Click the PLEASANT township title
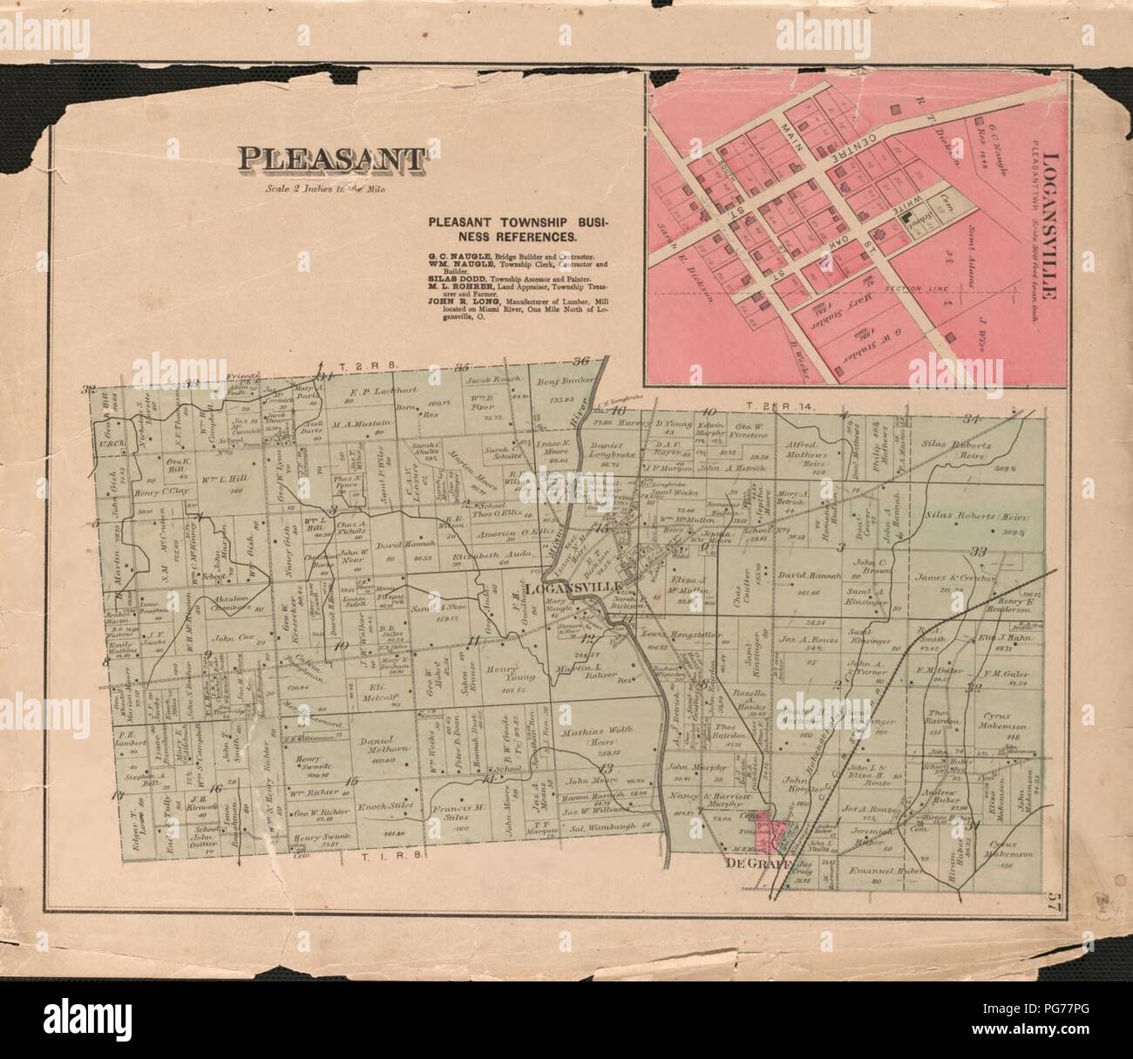[334, 159]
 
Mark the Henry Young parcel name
[502, 666]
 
